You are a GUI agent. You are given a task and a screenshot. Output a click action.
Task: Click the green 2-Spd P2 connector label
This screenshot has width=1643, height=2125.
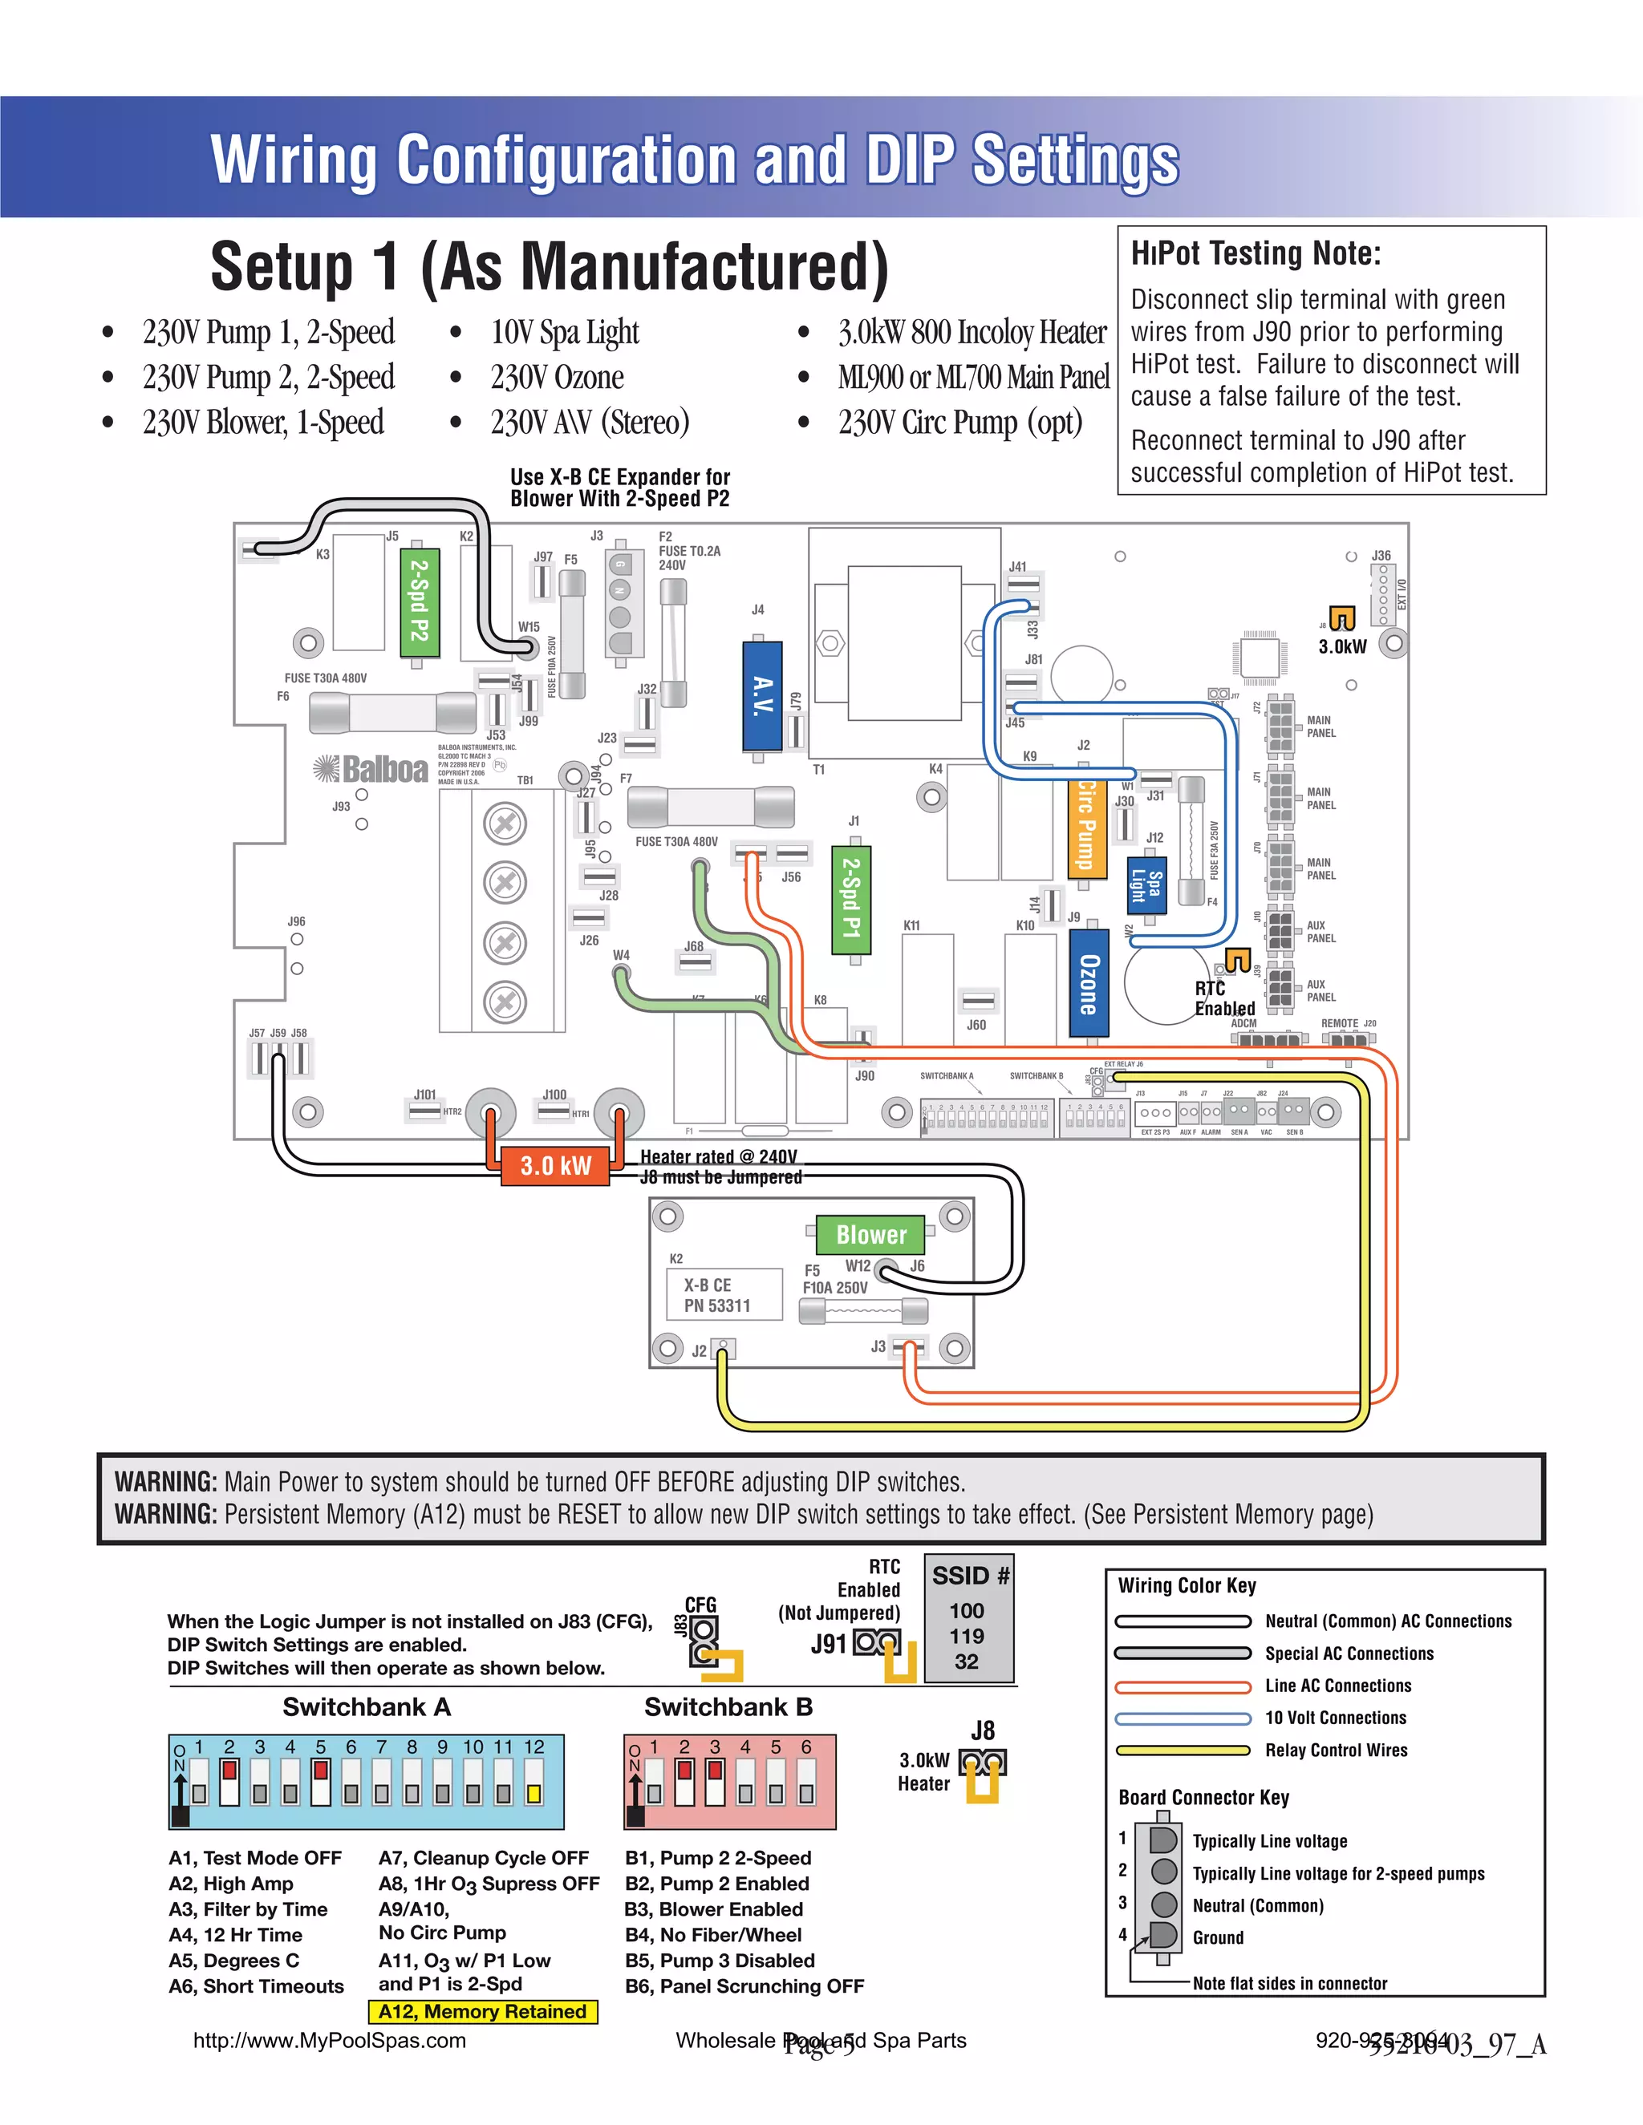tap(420, 601)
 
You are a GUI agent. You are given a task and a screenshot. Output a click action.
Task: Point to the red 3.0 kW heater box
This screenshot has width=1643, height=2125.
tap(555, 1164)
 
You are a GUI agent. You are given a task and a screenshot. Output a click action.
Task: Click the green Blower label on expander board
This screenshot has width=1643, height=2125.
tap(870, 1234)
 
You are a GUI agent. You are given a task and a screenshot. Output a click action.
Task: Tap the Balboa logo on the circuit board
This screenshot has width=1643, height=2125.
tap(371, 770)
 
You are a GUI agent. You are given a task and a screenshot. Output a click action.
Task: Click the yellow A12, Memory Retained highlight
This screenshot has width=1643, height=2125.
tap(483, 2011)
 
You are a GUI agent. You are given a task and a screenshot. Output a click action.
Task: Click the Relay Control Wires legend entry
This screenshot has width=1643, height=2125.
tap(1336, 1751)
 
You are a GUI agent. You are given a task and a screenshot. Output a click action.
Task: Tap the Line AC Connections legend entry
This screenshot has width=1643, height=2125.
tap(1337, 1686)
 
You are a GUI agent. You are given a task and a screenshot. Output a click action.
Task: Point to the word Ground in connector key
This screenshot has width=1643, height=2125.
tap(1218, 1937)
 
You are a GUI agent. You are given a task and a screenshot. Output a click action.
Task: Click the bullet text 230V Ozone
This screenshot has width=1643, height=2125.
tap(557, 378)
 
